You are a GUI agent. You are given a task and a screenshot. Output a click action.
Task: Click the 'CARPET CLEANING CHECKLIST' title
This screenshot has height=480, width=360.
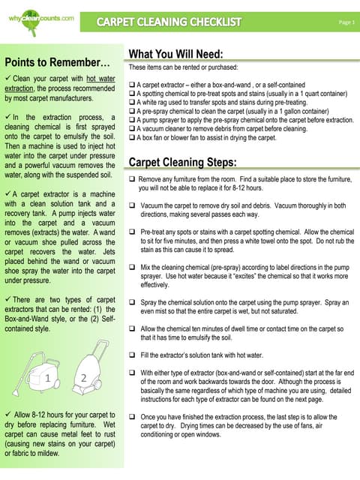coord(169,22)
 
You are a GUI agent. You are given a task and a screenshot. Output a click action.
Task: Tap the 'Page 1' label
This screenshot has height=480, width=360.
coord(345,22)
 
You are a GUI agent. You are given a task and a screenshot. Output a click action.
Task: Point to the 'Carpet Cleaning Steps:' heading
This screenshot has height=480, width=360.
coord(183,162)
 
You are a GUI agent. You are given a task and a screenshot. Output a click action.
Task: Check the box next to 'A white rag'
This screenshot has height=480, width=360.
coord(132,103)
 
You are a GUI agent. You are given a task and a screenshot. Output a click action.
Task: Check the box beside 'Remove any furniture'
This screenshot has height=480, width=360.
coord(133,181)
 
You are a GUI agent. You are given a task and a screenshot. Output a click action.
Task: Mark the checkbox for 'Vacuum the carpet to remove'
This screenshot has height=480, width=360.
coord(133,205)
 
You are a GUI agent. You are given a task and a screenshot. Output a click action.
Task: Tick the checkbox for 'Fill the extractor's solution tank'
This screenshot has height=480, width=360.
coord(133,354)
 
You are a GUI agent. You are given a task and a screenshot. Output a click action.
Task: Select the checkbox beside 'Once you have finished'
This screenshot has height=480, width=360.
coord(133,416)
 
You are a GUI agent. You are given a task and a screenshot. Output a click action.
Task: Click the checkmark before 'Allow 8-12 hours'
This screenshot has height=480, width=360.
coord(7,415)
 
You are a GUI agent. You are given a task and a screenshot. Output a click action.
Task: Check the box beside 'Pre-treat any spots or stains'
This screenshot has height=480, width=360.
coord(133,232)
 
